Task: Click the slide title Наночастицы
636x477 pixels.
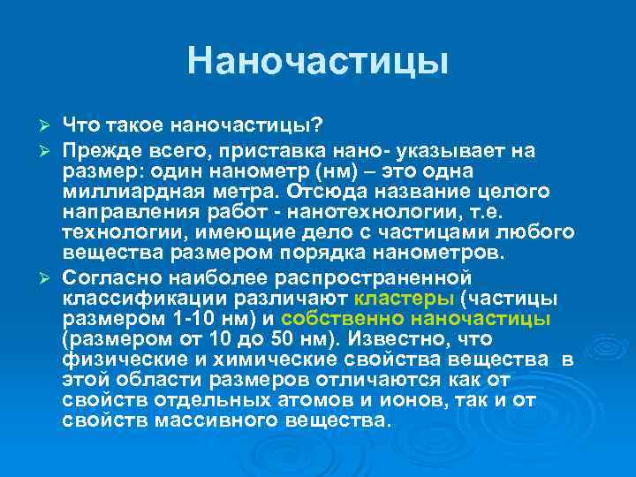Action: [318, 61]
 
